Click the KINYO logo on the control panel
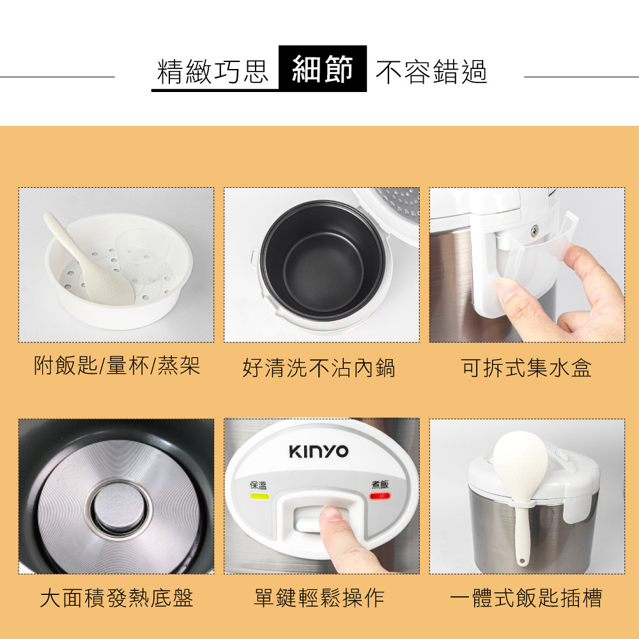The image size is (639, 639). (319, 452)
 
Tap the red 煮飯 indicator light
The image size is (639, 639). (380, 496)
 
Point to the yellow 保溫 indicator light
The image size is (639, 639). (259, 497)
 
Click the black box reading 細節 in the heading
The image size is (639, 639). (323, 68)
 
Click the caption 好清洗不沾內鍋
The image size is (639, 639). (319, 367)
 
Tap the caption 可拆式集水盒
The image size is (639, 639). (526, 367)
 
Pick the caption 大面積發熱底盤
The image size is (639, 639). (116, 598)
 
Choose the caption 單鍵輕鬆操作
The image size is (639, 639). (319, 598)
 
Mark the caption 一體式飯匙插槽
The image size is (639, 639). (526, 598)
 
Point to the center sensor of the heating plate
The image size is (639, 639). (119, 509)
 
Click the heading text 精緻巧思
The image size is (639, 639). (212, 72)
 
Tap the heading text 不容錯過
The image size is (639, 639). (431, 72)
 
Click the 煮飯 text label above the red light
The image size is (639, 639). (380, 484)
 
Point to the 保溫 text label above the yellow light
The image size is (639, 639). (258, 485)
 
